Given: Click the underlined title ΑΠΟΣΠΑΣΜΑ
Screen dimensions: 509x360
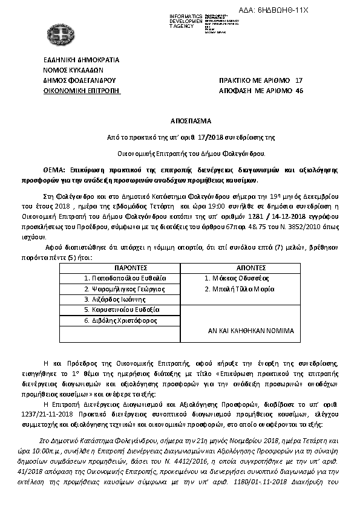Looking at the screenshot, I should tap(180, 121).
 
